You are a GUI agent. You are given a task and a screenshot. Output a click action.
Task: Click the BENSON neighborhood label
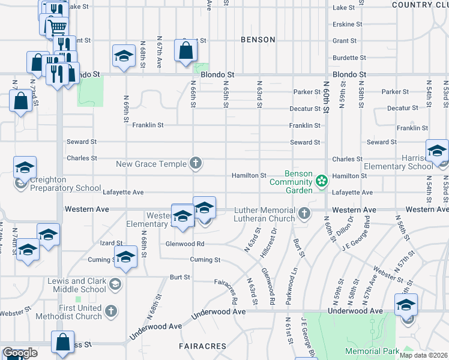(x=258, y=40)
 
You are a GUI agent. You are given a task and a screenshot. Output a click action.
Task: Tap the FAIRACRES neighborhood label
(x=202, y=346)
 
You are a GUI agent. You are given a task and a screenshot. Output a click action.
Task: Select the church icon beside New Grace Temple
(x=194, y=163)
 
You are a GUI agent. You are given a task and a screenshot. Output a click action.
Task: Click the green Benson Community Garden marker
(x=322, y=181)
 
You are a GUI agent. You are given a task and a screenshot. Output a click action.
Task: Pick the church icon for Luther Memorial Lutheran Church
(x=305, y=213)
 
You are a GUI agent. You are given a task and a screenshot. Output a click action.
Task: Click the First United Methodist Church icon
(x=110, y=310)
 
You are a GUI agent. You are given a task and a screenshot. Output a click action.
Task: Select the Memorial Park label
(x=372, y=350)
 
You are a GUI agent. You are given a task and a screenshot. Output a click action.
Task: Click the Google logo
(x=20, y=353)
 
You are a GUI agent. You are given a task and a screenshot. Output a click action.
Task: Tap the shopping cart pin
(x=57, y=27)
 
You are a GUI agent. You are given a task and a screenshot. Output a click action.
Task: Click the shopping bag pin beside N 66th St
(x=185, y=50)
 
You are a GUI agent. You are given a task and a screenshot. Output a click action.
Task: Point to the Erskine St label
(x=348, y=25)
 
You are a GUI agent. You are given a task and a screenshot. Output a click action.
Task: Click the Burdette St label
(x=348, y=58)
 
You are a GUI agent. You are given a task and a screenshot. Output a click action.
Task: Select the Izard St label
(x=111, y=244)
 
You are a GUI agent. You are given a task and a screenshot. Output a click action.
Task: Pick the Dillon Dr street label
(x=343, y=230)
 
